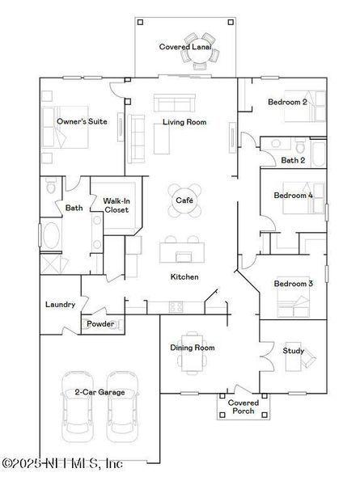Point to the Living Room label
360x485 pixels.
(184, 123)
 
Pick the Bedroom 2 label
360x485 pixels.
(287, 103)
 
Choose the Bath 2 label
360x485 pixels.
(292, 161)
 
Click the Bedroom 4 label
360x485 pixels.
(293, 196)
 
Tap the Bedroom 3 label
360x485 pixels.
(293, 285)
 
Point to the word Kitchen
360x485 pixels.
(184, 277)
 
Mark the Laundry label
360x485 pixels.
(61, 305)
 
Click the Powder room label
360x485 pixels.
(100, 324)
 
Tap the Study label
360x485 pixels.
(293, 351)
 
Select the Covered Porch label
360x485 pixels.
(243, 407)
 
